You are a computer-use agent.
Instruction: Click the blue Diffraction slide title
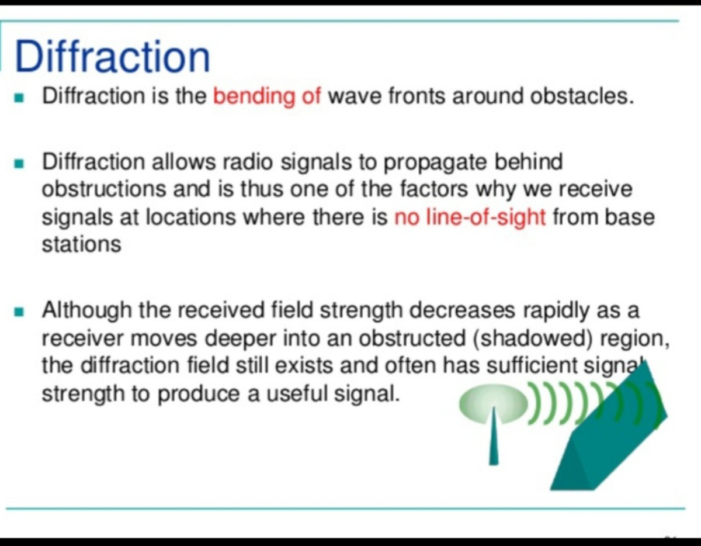pyautogui.click(x=112, y=57)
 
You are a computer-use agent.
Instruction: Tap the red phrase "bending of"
pyautogui.click(x=267, y=96)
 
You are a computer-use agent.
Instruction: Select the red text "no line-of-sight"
pyautogui.click(x=470, y=217)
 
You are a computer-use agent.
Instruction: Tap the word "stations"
pyautogui.click(x=81, y=244)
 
